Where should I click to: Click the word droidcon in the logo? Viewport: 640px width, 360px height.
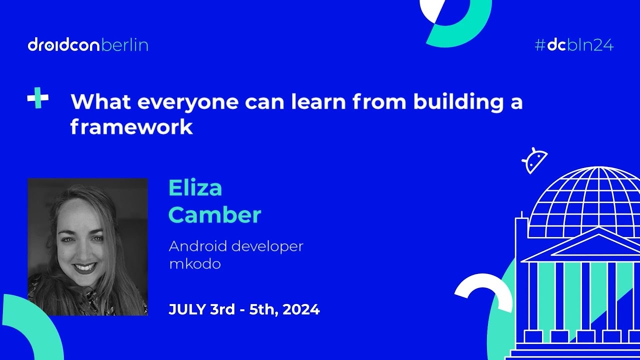click(x=64, y=45)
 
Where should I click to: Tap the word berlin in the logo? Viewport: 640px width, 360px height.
click(x=124, y=45)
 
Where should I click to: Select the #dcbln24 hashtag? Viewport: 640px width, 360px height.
click(x=574, y=45)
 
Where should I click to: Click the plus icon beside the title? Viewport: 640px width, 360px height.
click(x=38, y=98)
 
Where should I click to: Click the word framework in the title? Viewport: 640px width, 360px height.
click(x=131, y=127)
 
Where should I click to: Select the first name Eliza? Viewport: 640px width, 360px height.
click(x=195, y=188)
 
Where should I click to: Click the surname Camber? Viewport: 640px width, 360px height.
click(x=215, y=214)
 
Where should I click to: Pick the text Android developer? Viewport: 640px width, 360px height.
click(x=236, y=246)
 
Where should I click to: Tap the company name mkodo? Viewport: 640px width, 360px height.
click(x=194, y=263)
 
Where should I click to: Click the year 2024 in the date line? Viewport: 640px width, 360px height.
click(x=301, y=309)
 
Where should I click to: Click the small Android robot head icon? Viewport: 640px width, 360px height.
click(x=534, y=160)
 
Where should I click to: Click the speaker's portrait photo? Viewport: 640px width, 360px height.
click(x=87, y=247)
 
